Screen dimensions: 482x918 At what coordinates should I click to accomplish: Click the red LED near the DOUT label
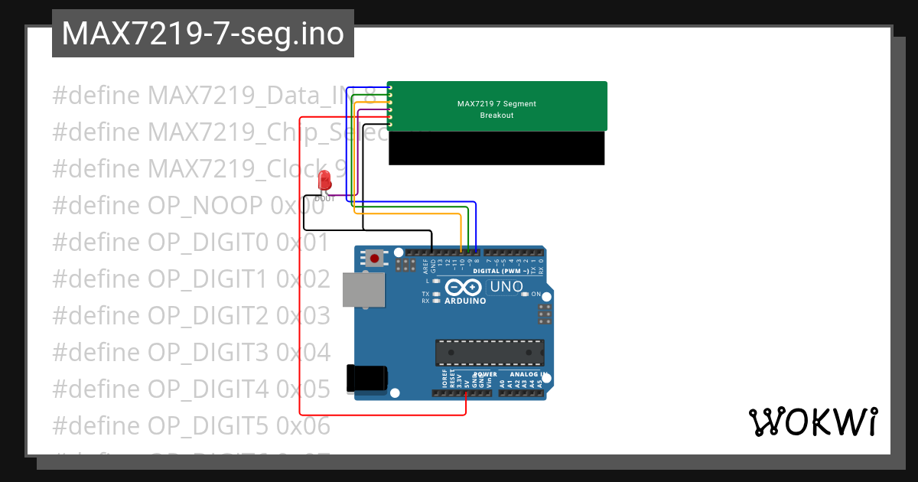click(x=324, y=181)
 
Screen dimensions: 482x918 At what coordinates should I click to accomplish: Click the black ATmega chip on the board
click(x=490, y=353)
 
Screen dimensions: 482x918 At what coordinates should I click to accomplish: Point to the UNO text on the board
click(x=506, y=288)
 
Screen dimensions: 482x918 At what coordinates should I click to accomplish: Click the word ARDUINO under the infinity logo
click(x=464, y=301)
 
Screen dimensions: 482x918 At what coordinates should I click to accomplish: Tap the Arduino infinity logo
click(x=463, y=288)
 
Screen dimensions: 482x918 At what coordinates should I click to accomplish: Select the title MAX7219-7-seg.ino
click(x=203, y=34)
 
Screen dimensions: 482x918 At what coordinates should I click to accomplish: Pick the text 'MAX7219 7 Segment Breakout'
click(x=496, y=109)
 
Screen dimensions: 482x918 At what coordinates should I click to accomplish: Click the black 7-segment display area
click(x=496, y=148)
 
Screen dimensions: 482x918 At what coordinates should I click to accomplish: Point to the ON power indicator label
click(x=536, y=295)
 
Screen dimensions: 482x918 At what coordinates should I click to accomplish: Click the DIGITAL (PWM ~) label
click(x=501, y=271)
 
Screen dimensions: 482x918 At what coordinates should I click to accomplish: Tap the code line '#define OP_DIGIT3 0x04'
click(x=191, y=353)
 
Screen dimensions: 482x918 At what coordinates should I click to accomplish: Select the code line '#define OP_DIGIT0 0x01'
click(x=191, y=243)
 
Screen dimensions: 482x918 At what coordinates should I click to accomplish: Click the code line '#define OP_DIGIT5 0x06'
click(x=191, y=425)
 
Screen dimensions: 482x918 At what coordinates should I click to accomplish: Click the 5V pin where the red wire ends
click(x=466, y=393)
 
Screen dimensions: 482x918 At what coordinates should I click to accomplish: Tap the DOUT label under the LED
click(x=324, y=198)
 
